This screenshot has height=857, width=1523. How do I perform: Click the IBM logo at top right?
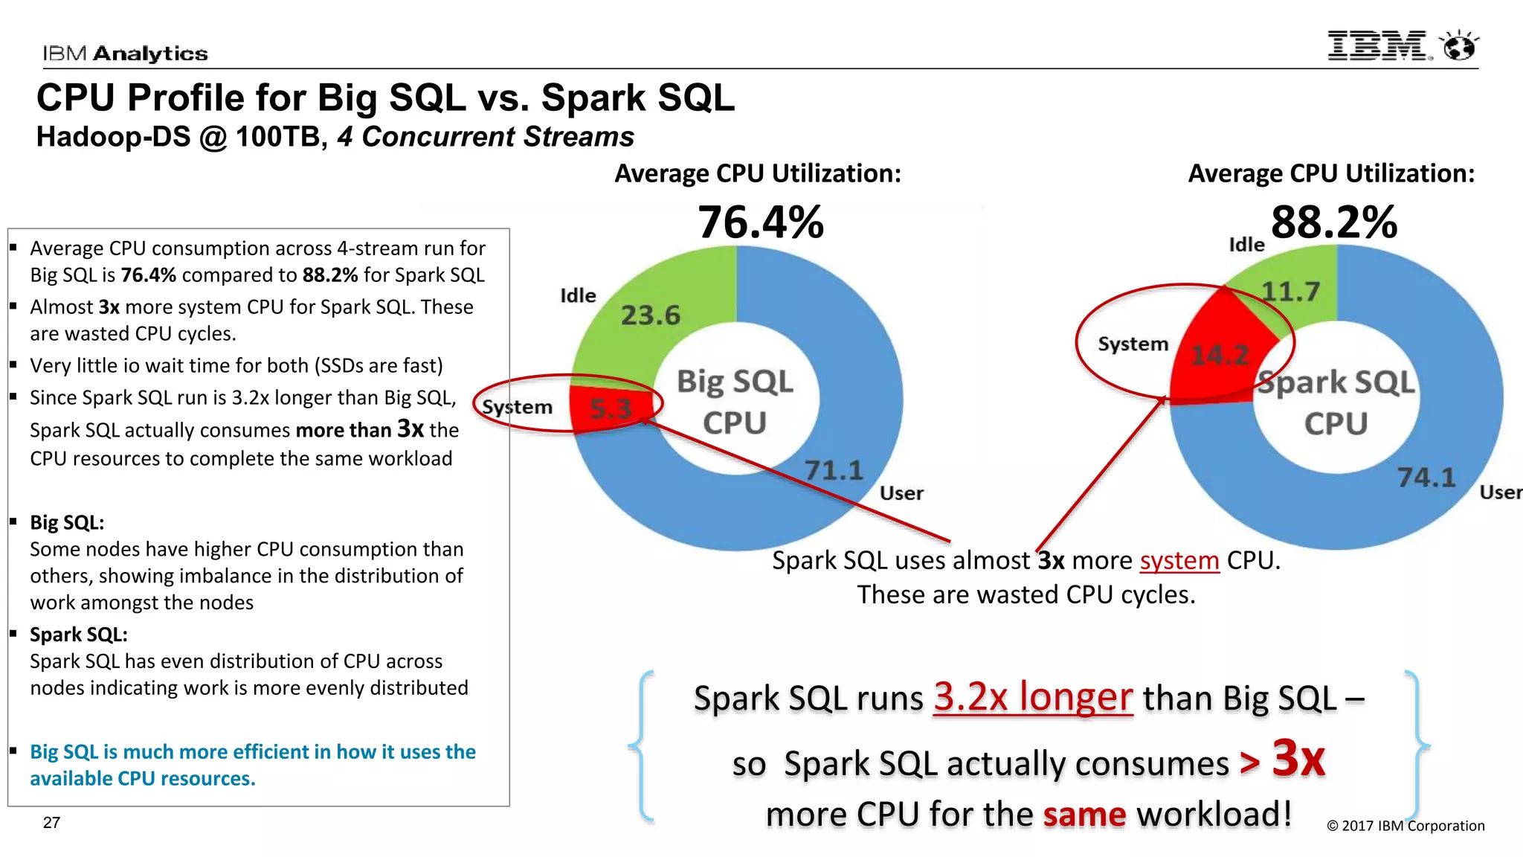[1378, 46]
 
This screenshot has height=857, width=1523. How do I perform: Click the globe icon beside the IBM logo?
[1459, 46]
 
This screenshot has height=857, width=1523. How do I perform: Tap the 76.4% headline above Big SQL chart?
[761, 222]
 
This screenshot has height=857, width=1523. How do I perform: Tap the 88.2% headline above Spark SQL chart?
[1334, 222]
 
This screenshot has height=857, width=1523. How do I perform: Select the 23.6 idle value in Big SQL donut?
[651, 315]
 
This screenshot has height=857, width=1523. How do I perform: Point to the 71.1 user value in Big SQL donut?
[834, 470]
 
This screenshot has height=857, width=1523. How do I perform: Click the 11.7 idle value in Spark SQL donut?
[1291, 291]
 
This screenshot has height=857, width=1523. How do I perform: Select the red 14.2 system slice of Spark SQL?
[1220, 355]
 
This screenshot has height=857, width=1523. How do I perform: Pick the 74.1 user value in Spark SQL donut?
[1426, 477]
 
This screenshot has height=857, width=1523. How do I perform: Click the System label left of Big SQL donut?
[518, 407]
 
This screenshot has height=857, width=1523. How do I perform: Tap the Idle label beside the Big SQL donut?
[578, 295]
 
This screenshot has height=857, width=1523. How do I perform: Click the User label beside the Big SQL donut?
[901, 493]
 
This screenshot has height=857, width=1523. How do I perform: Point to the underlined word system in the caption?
[1179, 560]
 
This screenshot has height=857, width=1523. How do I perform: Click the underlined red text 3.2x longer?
[1033, 697]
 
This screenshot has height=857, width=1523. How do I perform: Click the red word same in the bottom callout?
[1084, 814]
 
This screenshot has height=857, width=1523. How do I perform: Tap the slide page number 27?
[51, 823]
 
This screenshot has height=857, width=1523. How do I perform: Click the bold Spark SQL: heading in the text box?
[79, 635]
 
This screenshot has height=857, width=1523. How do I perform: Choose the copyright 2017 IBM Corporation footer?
[1406, 826]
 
